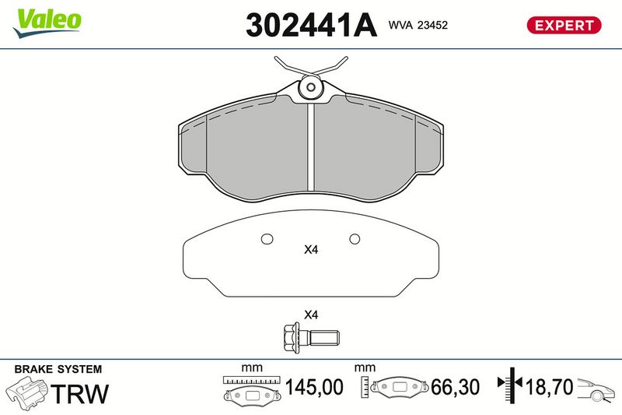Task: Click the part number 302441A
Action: pyautogui.click(x=312, y=25)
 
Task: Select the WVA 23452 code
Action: pyautogui.click(x=418, y=25)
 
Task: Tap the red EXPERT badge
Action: pyautogui.click(x=564, y=25)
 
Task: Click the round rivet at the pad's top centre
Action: pyautogui.click(x=311, y=87)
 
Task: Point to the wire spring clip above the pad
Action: pyautogui.click(x=311, y=66)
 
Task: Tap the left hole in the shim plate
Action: pyautogui.click(x=267, y=239)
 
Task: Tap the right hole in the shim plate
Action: pyautogui.click(x=355, y=239)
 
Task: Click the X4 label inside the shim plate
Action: pyautogui.click(x=311, y=250)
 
